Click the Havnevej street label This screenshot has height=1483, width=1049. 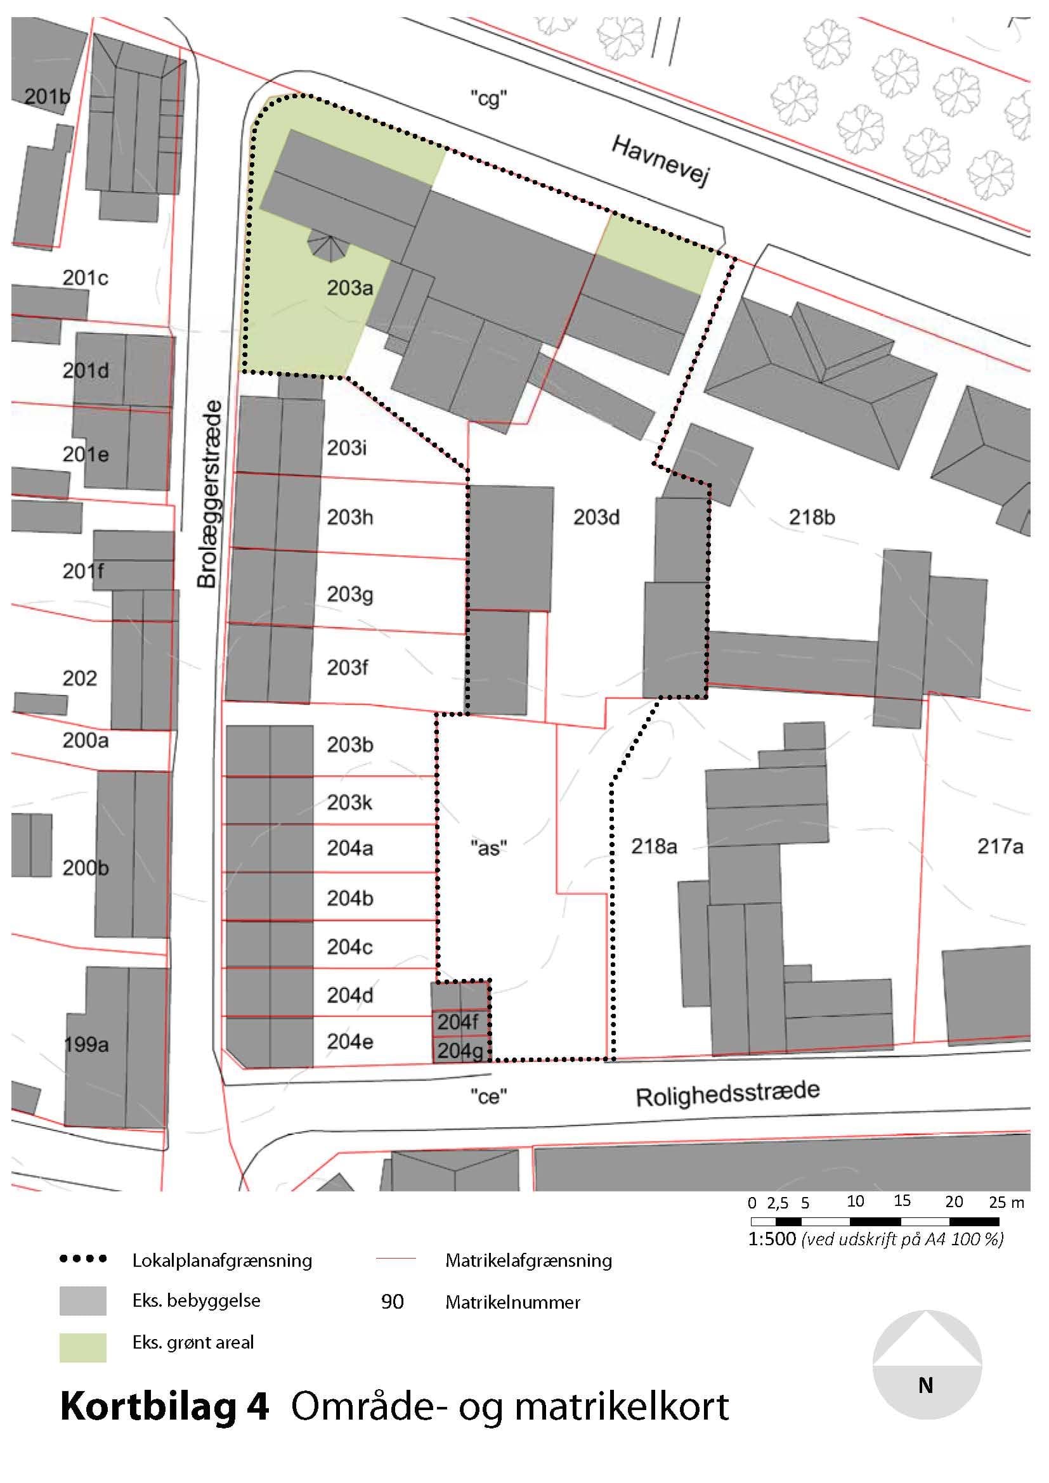click(x=660, y=160)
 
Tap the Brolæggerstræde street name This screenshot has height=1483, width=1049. click(x=209, y=494)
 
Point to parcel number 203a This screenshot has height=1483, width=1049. click(x=350, y=287)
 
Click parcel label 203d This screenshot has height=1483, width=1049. click(x=596, y=517)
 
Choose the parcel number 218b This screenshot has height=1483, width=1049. click(x=812, y=517)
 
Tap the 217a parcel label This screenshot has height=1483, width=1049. click(x=1000, y=846)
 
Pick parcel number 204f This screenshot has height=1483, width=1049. click(x=458, y=1022)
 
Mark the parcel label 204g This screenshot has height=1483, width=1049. click(x=460, y=1051)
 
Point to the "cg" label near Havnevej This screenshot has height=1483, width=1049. click(x=488, y=100)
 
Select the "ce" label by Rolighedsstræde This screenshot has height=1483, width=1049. click(x=488, y=1096)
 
